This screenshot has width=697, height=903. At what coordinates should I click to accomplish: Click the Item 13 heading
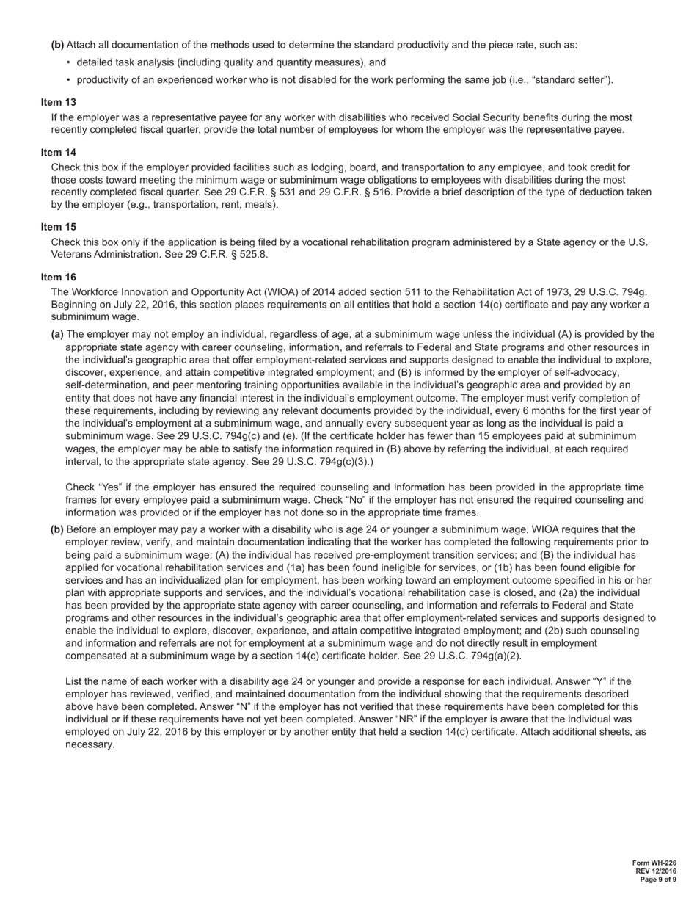(x=58, y=102)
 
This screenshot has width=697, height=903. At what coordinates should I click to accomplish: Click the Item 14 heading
(x=58, y=152)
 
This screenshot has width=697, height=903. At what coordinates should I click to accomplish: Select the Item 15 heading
(x=58, y=227)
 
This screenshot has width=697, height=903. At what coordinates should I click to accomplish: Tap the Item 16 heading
(x=58, y=277)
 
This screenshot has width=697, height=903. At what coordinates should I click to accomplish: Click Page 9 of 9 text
(x=658, y=880)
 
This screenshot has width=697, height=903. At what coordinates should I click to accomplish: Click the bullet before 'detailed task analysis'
(x=68, y=62)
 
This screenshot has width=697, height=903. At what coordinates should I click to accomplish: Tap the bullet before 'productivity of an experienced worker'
(x=68, y=80)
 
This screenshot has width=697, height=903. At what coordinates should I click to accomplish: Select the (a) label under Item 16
(x=57, y=334)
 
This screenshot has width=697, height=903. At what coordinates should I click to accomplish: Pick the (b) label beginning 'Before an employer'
(x=57, y=529)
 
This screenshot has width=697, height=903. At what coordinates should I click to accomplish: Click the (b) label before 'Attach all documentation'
(x=57, y=45)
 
